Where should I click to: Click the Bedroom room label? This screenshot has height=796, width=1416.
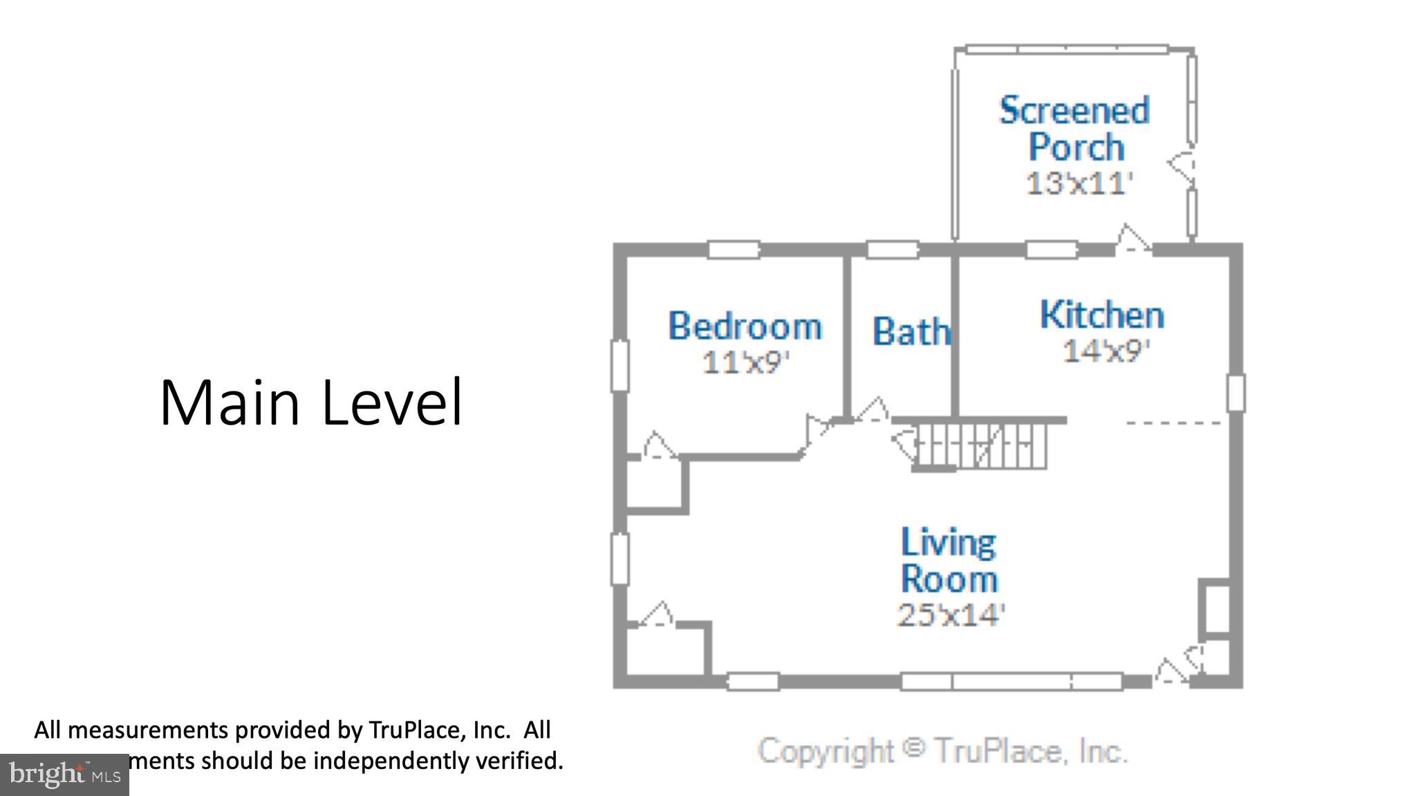pos(745,326)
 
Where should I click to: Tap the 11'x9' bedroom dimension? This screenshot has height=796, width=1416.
pos(745,362)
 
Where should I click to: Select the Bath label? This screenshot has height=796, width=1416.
pos(911,331)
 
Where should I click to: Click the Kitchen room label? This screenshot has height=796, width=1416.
pos(1101,315)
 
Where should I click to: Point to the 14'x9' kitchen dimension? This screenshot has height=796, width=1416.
pos(1105,351)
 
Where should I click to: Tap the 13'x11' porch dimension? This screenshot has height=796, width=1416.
pos(1079,183)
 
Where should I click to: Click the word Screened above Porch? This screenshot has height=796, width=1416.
pos(1074,111)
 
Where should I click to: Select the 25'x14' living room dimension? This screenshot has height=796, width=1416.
pos(950,614)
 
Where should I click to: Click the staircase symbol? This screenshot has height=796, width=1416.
pos(982,446)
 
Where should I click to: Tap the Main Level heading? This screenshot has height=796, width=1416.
pos(310,402)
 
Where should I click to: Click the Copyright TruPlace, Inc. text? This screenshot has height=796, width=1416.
pos(942,750)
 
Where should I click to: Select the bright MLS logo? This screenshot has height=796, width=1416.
pos(64,775)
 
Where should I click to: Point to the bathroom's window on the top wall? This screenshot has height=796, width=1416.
pos(892,250)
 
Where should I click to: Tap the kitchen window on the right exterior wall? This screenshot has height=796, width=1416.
pos(1236,392)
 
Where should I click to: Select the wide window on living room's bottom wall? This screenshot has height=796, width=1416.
pos(1011,681)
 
